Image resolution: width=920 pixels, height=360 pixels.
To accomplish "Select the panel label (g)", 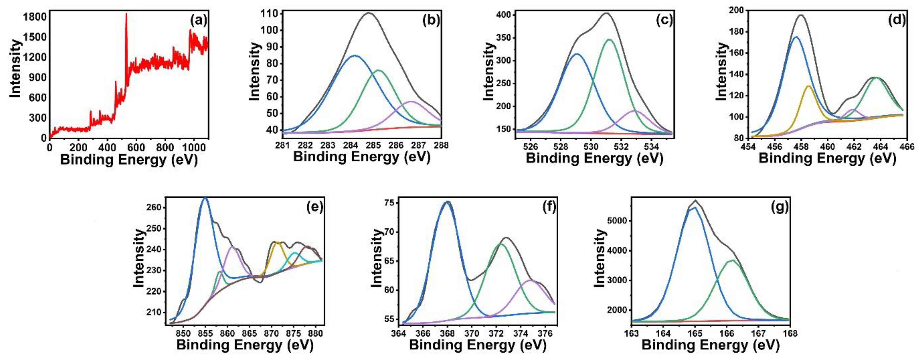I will [779, 207].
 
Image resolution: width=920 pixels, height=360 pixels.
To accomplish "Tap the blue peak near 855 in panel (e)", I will [205, 197].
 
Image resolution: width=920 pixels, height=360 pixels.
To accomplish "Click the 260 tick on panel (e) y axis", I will [156, 208].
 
